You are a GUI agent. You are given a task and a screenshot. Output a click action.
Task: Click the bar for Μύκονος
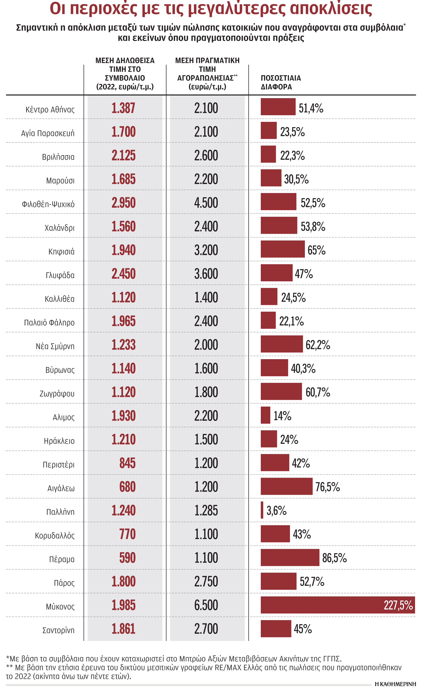coord(338,605)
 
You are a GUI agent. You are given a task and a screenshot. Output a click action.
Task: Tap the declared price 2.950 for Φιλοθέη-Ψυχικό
coord(123,203)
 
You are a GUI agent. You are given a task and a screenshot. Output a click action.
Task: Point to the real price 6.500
coord(206,605)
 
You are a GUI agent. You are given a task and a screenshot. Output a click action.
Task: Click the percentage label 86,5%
coord(334,558)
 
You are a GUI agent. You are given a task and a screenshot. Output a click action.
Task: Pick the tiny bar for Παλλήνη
coord(262,510)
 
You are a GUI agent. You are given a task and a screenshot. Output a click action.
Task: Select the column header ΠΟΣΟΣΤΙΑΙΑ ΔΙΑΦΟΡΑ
coord(281,82)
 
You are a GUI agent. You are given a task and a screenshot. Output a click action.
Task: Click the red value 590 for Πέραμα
coord(127,558)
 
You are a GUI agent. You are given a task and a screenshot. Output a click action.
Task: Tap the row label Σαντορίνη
coord(58,630)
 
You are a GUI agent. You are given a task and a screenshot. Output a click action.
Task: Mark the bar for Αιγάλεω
coord(286,487)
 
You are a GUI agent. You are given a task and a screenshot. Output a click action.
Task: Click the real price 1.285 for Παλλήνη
coord(206,510)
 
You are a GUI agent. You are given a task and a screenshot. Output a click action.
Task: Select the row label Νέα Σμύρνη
coord(55,346)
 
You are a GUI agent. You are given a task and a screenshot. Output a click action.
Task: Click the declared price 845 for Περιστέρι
coord(127,463)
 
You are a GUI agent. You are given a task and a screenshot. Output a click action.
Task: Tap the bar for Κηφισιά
coord(282,249)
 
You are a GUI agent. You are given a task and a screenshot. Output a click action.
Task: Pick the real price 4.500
coord(206,203)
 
